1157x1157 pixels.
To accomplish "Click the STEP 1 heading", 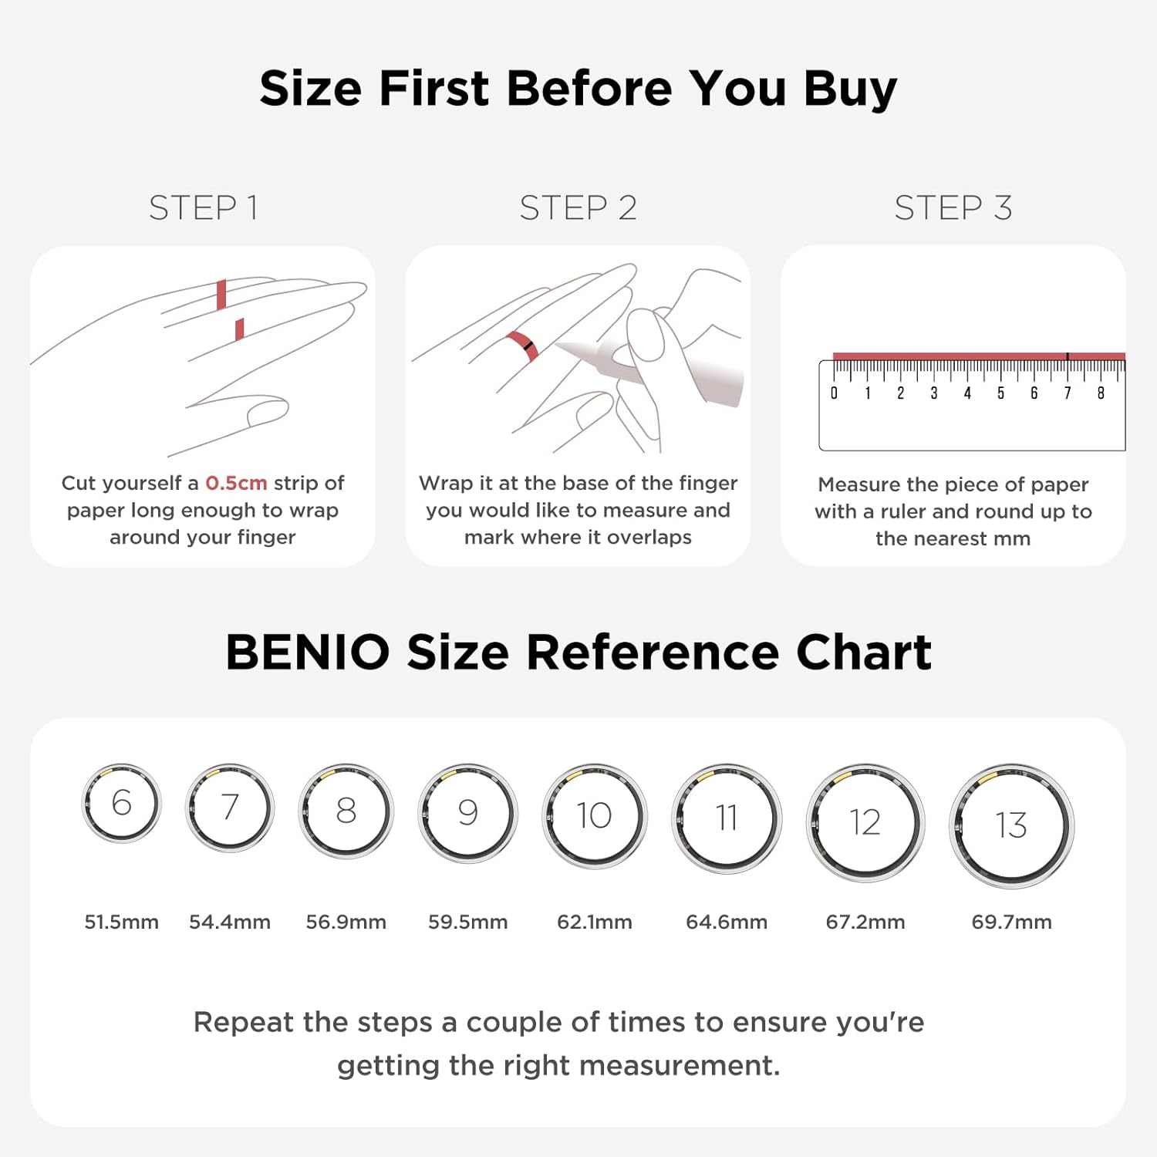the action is pyautogui.click(x=203, y=207).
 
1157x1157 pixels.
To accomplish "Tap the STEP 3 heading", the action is pyautogui.click(x=953, y=207).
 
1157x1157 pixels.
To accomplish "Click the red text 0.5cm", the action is pyautogui.click(x=236, y=483).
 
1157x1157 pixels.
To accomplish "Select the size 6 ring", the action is pyautogui.click(x=83, y=802).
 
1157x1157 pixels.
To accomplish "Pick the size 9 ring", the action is pyautogui.click(x=421, y=813).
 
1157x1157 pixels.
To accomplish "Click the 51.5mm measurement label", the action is pyautogui.click(x=121, y=922).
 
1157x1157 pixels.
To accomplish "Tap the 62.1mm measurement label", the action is pyautogui.click(x=594, y=922).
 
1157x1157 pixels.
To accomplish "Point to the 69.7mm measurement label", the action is pyautogui.click(x=1011, y=922).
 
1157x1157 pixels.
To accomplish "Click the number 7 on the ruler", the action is pyautogui.click(x=1068, y=393).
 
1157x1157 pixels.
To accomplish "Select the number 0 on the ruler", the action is pyautogui.click(x=834, y=393).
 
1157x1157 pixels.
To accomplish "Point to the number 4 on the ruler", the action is pyautogui.click(x=967, y=393).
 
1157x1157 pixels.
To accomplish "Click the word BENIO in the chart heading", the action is pyautogui.click(x=308, y=653).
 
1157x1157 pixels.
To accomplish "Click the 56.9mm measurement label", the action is pyautogui.click(x=346, y=922).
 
